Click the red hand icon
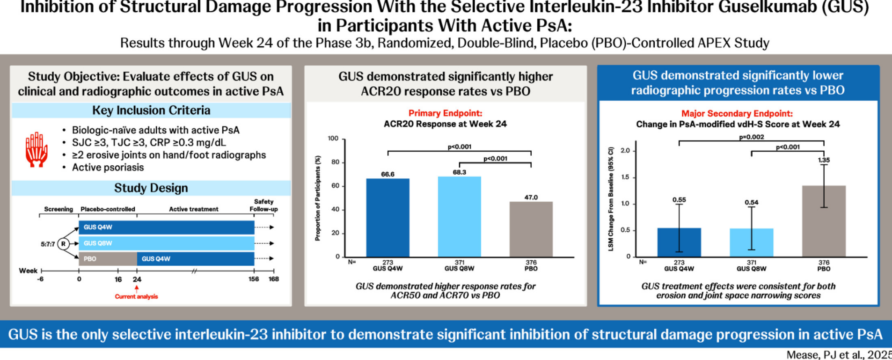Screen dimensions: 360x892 [37, 149]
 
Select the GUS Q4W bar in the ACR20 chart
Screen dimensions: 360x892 [388, 218]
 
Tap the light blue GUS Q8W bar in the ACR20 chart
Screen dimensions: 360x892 [459, 217]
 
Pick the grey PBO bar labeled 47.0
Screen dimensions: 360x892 [531, 229]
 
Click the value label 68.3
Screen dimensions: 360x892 [459, 172]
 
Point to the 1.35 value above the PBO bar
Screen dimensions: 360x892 [824, 160]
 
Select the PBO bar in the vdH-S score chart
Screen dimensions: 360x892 [824, 221]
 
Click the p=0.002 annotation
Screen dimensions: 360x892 [751, 137]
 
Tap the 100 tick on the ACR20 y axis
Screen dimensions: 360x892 [333, 139]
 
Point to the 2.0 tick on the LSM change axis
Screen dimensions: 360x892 [625, 151]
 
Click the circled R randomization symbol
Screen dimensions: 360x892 [63, 243]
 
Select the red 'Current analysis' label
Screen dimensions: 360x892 [136, 296]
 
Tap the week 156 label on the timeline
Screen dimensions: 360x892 [254, 279]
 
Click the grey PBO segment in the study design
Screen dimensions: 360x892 [108, 258]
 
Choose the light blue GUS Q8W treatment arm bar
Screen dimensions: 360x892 [166, 243]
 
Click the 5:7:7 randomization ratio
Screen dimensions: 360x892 [48, 244]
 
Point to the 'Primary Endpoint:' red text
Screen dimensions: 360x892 [445, 113]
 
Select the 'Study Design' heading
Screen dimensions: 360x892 [151, 188]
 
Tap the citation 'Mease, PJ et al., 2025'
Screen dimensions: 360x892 [838, 354]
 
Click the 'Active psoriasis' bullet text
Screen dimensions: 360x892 [108, 167]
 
